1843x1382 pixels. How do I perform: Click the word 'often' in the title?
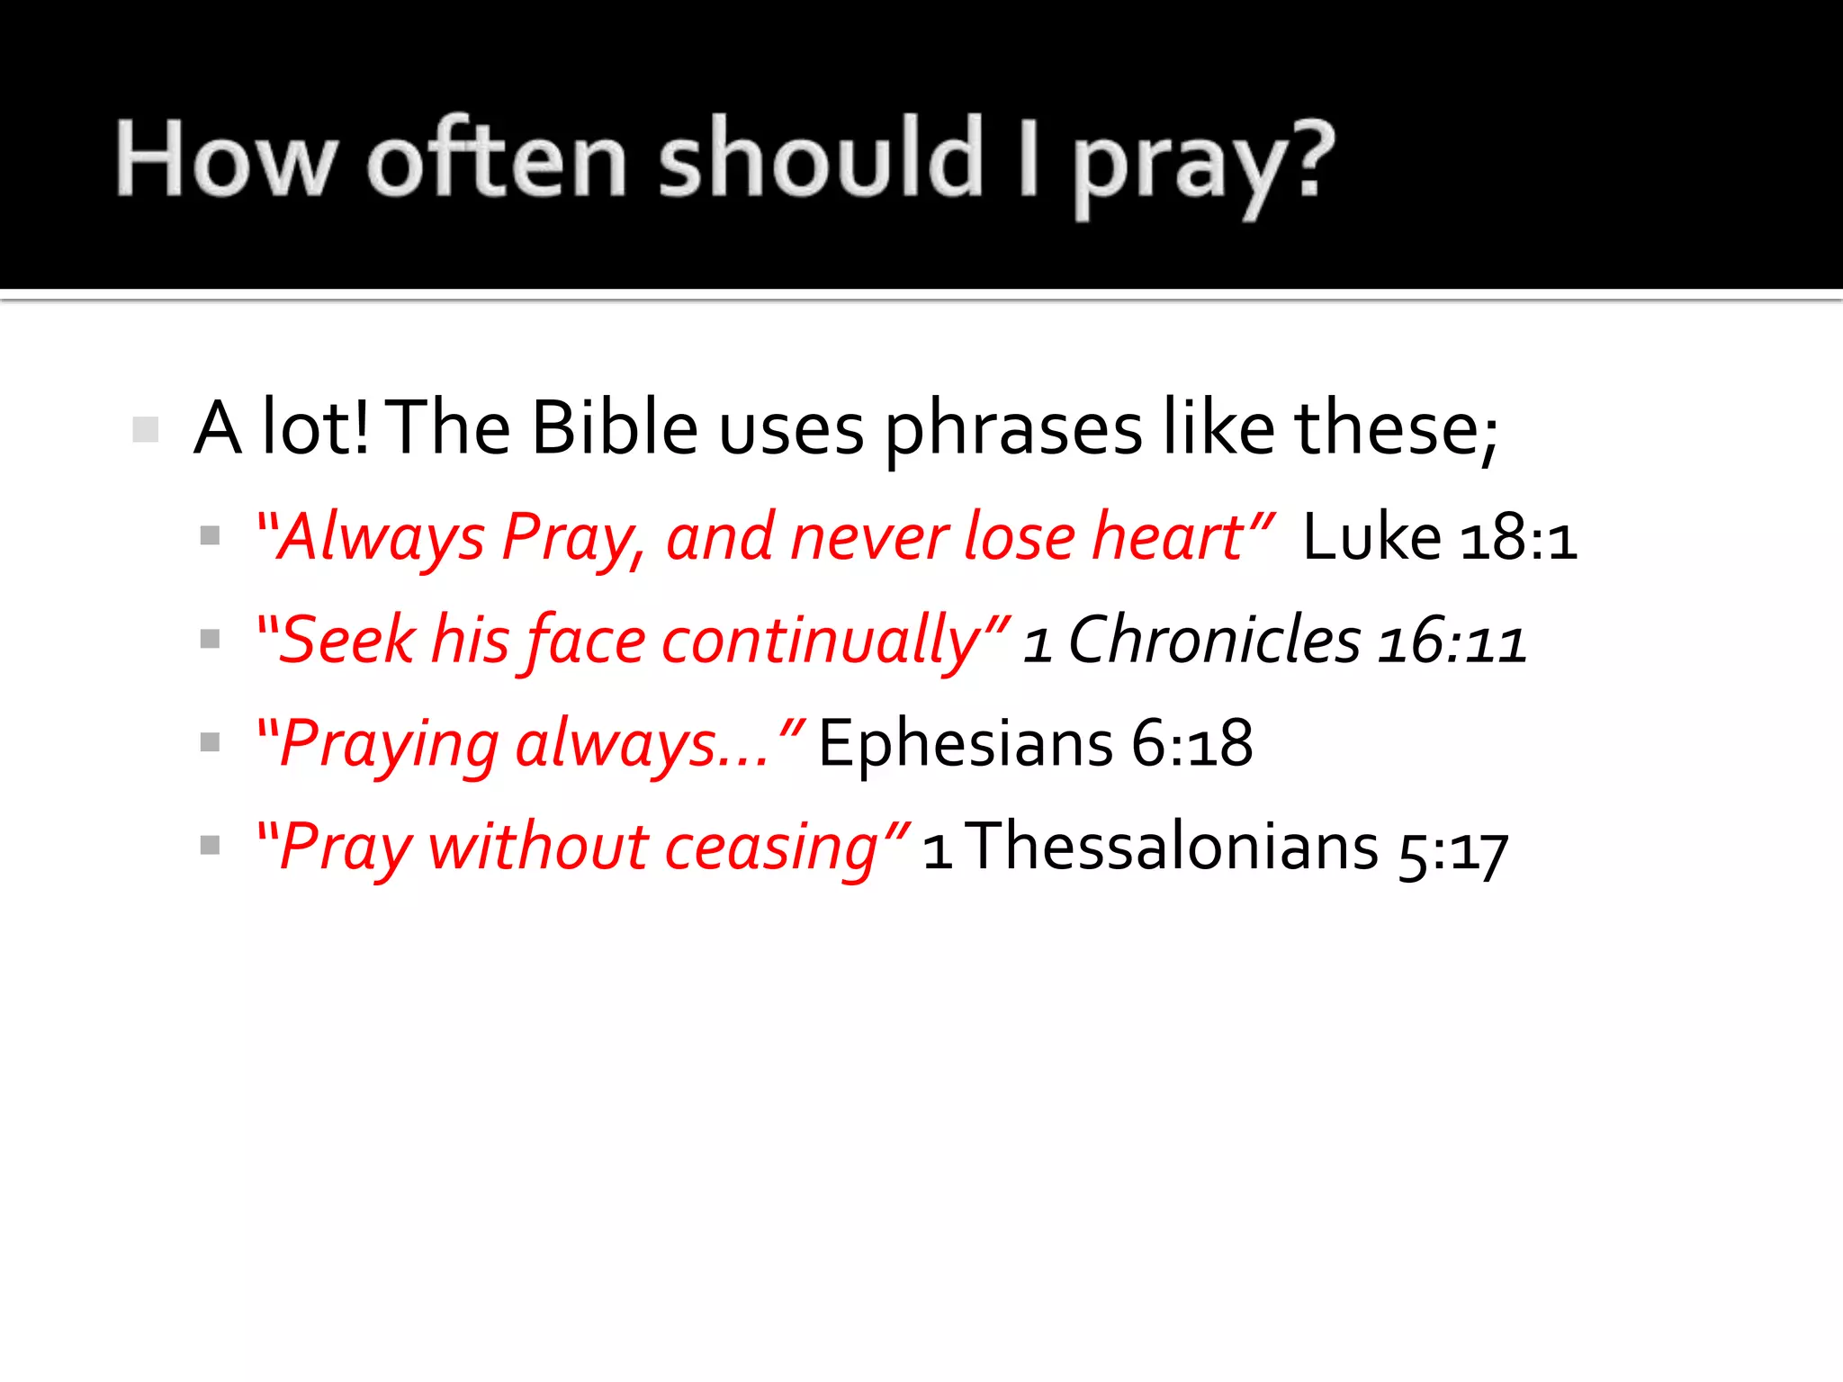497,160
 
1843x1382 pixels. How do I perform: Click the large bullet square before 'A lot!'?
145,429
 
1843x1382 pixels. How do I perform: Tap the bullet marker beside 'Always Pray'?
210,536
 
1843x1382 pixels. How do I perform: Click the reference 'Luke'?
1371,537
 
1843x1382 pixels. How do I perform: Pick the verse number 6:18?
1191,744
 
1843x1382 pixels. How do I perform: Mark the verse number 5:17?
1452,851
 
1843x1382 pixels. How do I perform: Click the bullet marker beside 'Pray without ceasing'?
210,846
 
